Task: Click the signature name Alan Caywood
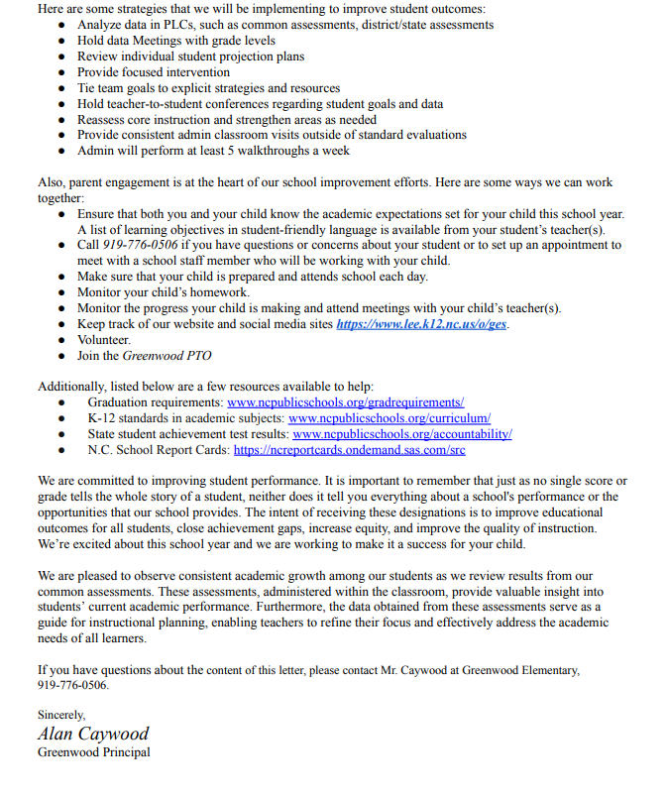click(92, 734)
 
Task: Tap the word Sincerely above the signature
click(61, 715)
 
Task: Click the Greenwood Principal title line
click(93, 751)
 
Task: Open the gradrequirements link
click(345, 402)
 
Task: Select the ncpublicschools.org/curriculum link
click(389, 418)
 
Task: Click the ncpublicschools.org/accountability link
click(401, 434)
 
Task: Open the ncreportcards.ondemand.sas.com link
click(349, 450)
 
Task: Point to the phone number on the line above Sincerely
click(73, 685)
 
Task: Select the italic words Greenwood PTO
click(167, 355)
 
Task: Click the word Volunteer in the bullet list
click(104, 340)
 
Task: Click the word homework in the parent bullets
click(222, 292)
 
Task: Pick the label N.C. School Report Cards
click(158, 450)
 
